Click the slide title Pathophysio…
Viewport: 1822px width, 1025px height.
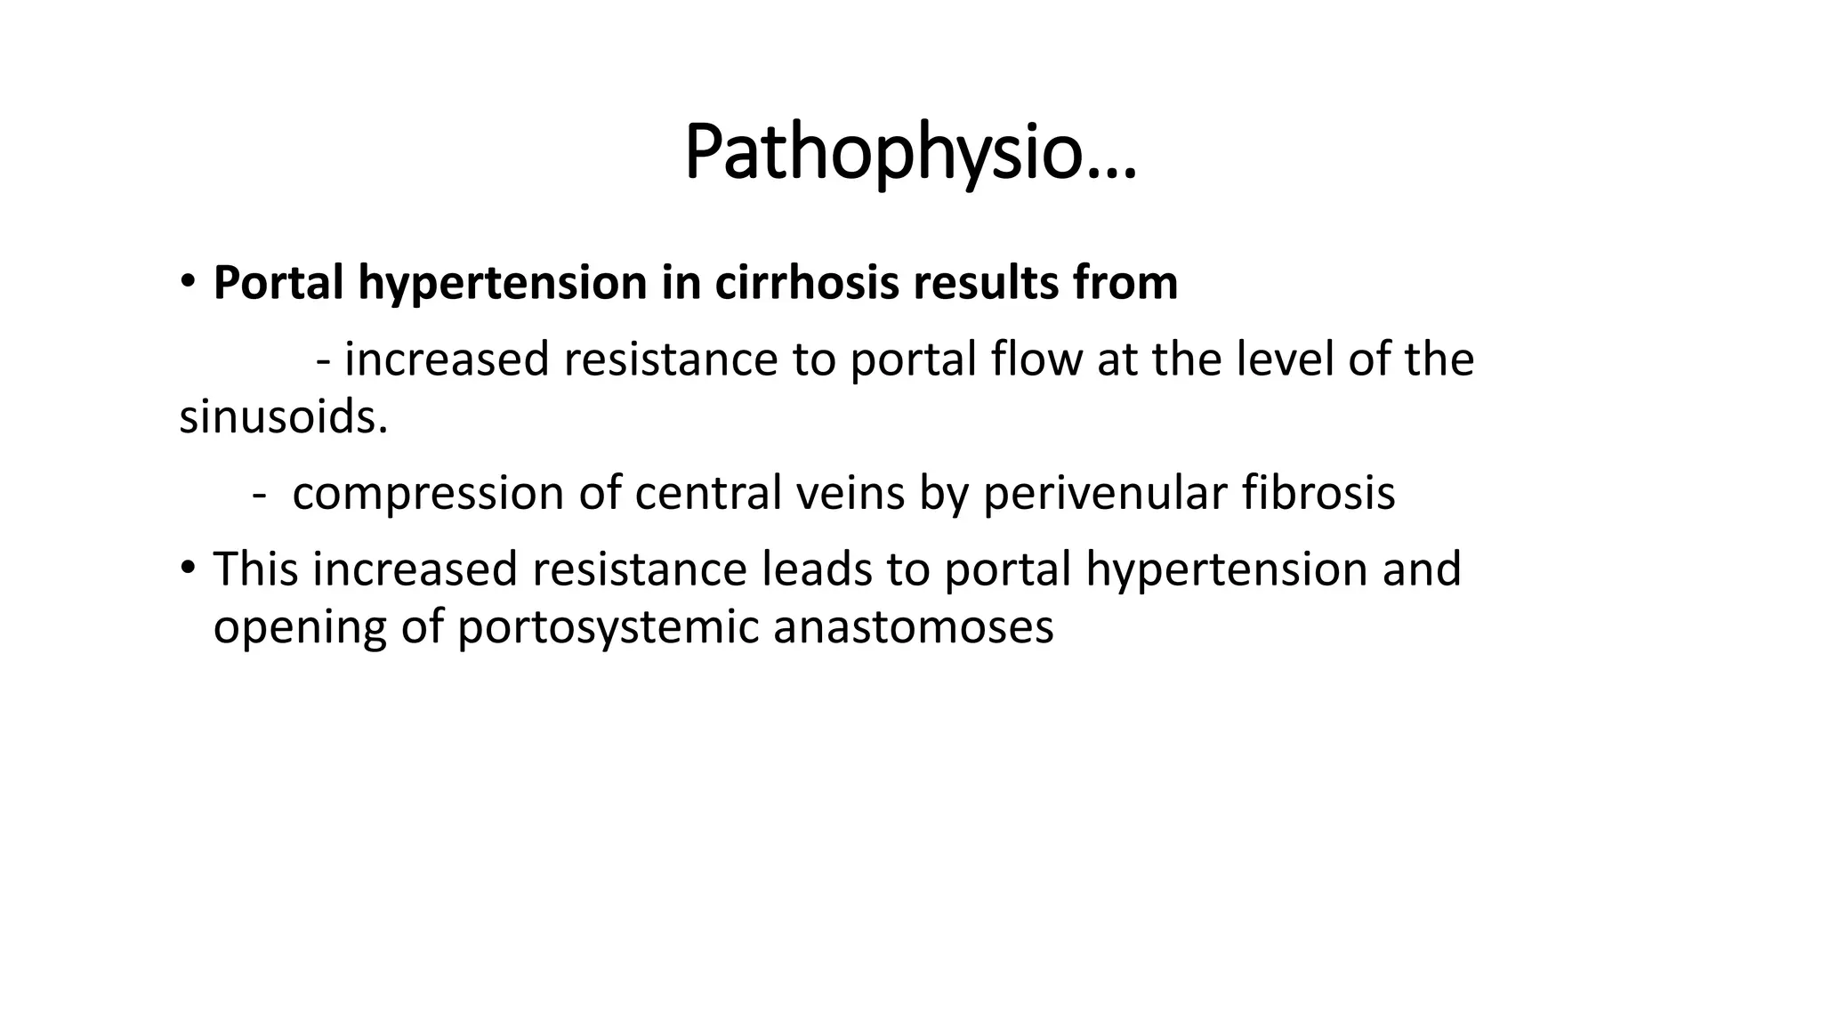click(910, 154)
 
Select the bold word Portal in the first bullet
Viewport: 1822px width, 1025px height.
click(278, 283)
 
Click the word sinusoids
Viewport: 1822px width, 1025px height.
click(283, 416)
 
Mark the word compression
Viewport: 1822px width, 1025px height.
click(428, 494)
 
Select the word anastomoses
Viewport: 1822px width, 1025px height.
click(913, 627)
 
